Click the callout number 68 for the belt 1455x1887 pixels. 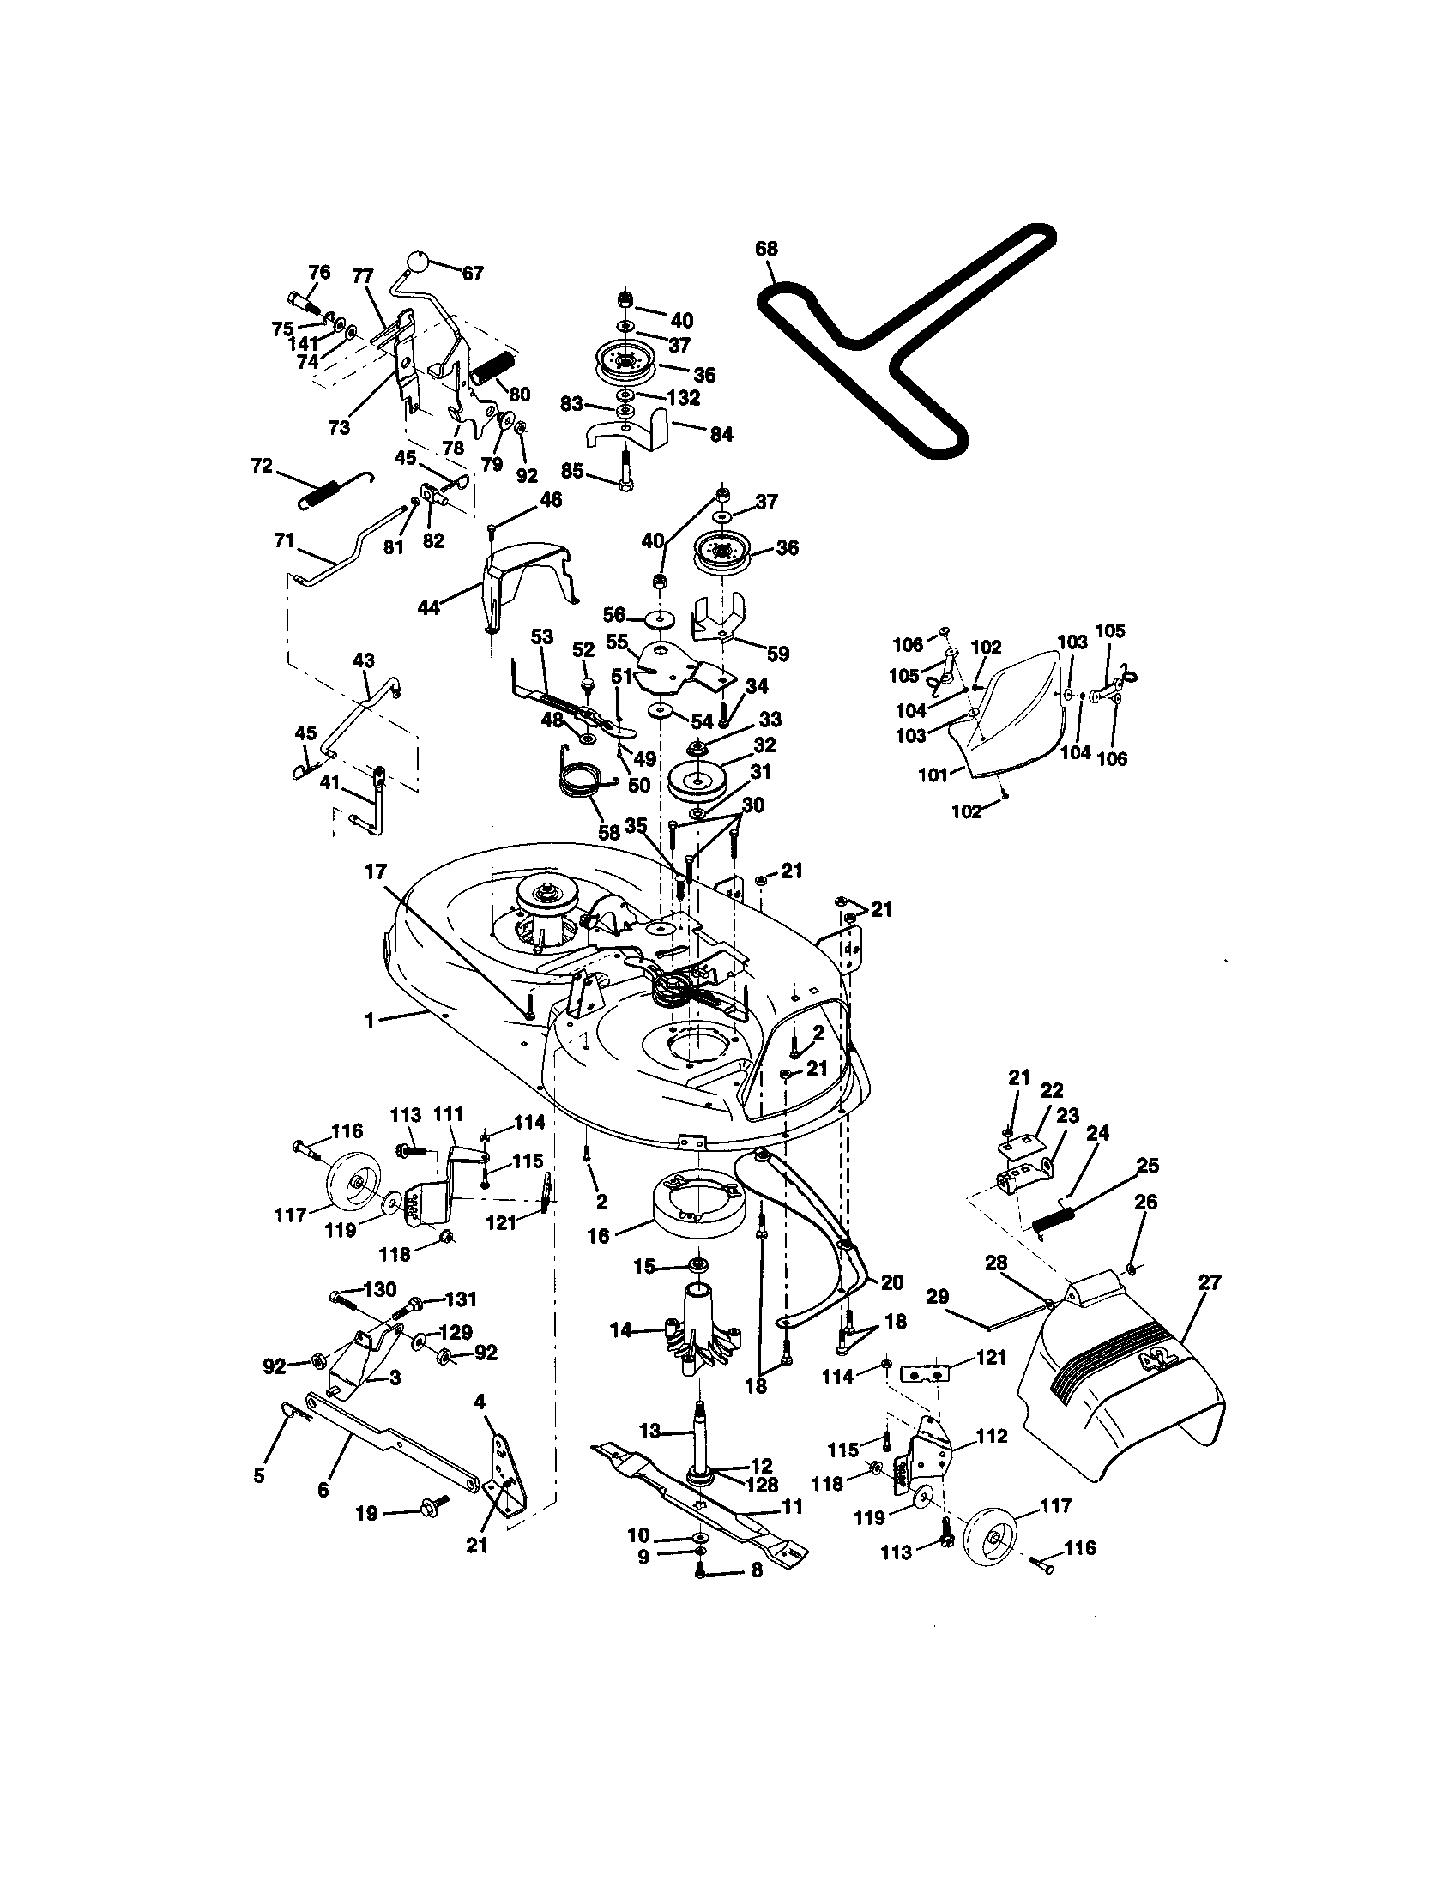click(765, 249)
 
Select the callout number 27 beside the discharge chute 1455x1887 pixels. click(1210, 1282)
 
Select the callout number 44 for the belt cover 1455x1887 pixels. click(429, 607)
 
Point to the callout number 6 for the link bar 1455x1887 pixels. click(323, 1491)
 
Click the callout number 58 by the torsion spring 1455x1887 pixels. click(609, 833)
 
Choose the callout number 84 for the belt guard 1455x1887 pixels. click(721, 434)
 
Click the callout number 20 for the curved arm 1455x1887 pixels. click(891, 1283)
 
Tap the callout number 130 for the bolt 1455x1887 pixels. click(380, 1290)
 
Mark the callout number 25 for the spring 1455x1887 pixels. click(1147, 1167)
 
